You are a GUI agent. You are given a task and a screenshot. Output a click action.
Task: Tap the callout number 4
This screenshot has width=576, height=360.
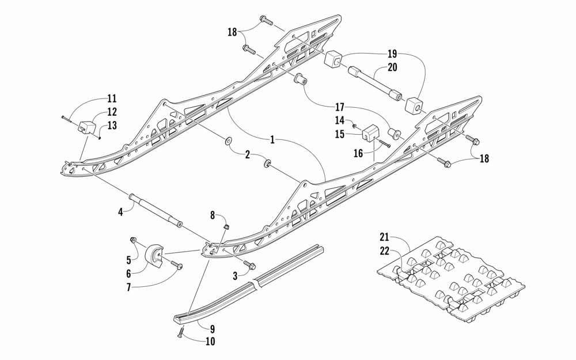[120, 212]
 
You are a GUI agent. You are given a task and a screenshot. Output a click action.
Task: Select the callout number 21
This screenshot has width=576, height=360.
[384, 237]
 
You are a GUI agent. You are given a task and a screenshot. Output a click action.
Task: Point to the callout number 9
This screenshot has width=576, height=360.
[212, 329]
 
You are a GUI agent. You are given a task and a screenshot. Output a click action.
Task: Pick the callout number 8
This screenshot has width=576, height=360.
[212, 215]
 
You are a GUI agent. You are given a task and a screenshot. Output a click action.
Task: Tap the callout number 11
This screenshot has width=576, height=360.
[111, 98]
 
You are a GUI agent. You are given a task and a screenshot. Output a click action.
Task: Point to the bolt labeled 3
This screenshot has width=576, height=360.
[251, 265]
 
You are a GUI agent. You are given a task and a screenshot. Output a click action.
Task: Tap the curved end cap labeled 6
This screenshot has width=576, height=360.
[154, 255]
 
